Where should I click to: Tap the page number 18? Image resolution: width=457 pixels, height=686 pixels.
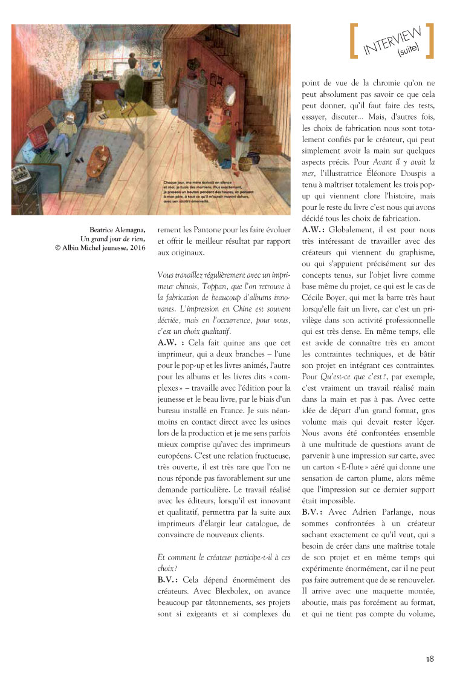tap(430, 659)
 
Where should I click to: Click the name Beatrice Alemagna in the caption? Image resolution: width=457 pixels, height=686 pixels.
tap(118, 229)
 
